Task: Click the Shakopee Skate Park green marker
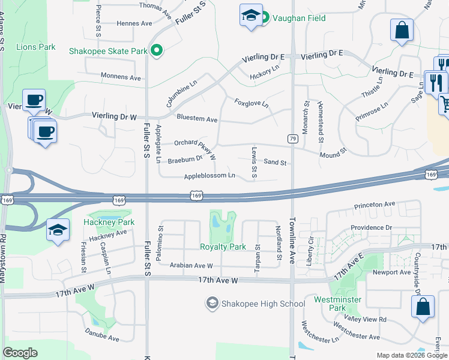[157, 51]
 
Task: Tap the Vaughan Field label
[299, 18]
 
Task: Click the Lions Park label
[36, 47]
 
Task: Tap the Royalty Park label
[223, 247]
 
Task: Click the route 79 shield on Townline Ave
[293, 139]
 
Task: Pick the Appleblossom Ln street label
[209, 176]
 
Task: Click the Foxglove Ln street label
[252, 103]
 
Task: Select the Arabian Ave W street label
[191, 265]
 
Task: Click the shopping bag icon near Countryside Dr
[423, 307]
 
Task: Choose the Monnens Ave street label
[121, 77]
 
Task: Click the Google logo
[20, 353]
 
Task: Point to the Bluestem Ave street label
[197, 119]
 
